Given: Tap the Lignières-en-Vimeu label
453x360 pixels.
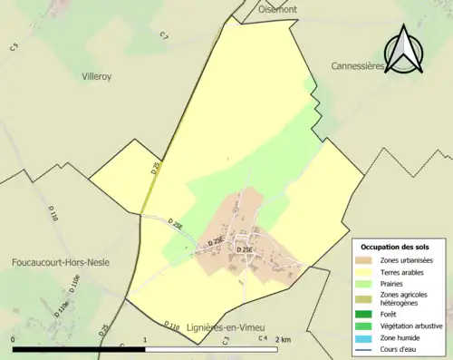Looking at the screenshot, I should click(221, 326).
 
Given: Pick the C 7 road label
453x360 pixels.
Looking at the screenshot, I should click(164, 36).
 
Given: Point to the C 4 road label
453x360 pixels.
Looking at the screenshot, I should click(263, 338).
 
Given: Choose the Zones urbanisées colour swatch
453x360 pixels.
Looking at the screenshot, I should click(366, 260).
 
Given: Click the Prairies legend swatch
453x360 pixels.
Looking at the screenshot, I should click(366, 283).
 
